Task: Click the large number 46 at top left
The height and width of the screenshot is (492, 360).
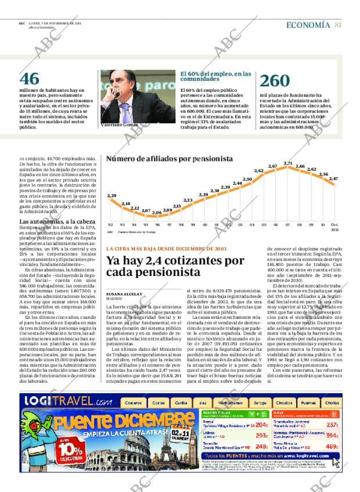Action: point(30,79)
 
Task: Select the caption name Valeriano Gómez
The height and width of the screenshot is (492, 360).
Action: point(119,124)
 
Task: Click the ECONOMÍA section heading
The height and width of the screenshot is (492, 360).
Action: point(308,25)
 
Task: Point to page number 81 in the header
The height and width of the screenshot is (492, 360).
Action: point(338,25)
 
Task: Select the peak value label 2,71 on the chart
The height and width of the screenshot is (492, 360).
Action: point(287,163)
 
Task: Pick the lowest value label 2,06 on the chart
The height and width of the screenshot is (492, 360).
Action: point(156,213)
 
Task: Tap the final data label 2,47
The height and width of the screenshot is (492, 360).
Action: point(333,179)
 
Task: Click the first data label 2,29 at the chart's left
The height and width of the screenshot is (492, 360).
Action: point(111,196)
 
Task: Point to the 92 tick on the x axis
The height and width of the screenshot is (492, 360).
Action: point(110,224)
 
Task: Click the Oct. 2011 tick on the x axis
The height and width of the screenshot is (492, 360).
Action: point(334,227)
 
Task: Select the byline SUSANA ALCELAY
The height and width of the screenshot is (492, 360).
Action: point(124,294)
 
